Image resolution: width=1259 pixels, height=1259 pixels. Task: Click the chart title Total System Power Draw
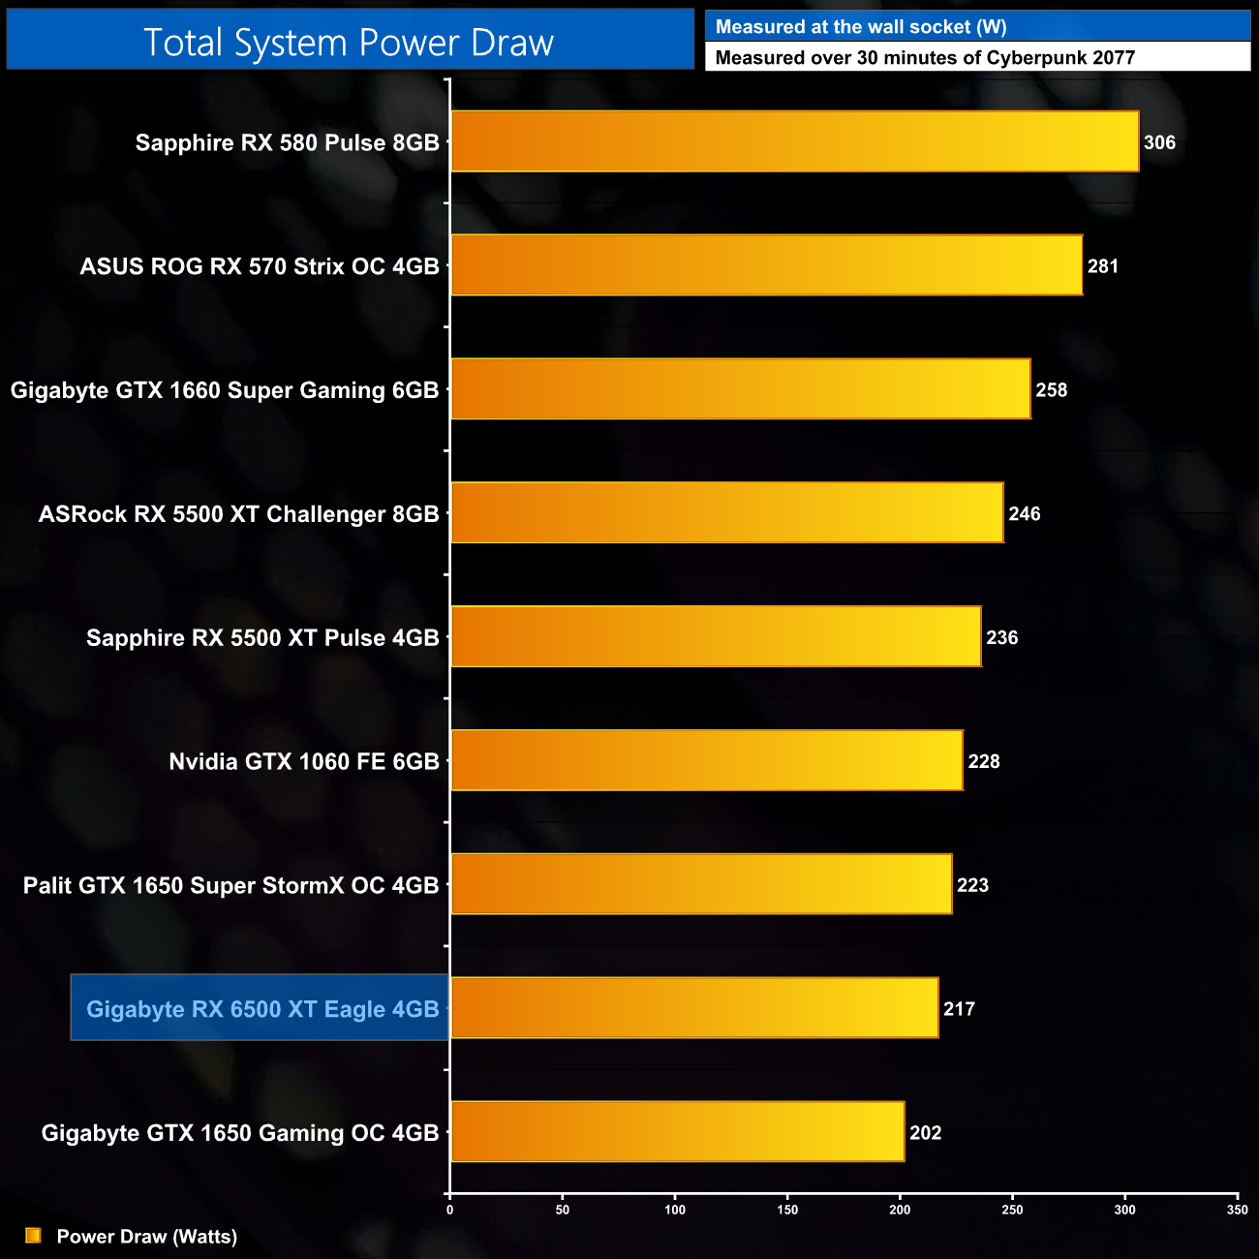(x=349, y=43)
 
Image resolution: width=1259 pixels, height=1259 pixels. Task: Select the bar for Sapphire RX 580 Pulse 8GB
(x=794, y=141)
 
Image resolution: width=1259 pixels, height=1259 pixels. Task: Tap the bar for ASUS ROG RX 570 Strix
(x=766, y=265)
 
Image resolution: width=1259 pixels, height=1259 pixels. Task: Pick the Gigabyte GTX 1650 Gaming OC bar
(x=677, y=1131)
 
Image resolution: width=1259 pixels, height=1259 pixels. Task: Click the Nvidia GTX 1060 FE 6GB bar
(x=707, y=760)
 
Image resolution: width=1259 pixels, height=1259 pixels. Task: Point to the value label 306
(x=1159, y=142)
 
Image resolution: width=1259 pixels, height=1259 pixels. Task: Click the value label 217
(x=959, y=1009)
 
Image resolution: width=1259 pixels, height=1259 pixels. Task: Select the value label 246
(x=1024, y=514)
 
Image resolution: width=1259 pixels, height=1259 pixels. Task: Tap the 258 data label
(x=1051, y=390)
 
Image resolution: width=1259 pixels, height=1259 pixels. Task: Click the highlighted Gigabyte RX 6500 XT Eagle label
(x=262, y=1009)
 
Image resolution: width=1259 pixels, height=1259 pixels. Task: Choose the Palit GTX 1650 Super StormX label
(x=230, y=885)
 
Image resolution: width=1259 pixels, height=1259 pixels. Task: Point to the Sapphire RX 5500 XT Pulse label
(x=262, y=637)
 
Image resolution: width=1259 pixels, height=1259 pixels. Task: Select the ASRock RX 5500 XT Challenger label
(x=238, y=514)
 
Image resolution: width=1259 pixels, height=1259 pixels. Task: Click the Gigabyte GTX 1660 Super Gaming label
(x=225, y=390)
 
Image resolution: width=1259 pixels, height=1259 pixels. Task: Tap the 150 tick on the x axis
(x=787, y=1210)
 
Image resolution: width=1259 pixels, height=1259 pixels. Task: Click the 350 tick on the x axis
(x=1237, y=1210)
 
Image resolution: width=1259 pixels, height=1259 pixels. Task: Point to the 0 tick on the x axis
(x=449, y=1210)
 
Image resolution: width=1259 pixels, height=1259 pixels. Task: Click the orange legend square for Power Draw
(x=33, y=1236)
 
